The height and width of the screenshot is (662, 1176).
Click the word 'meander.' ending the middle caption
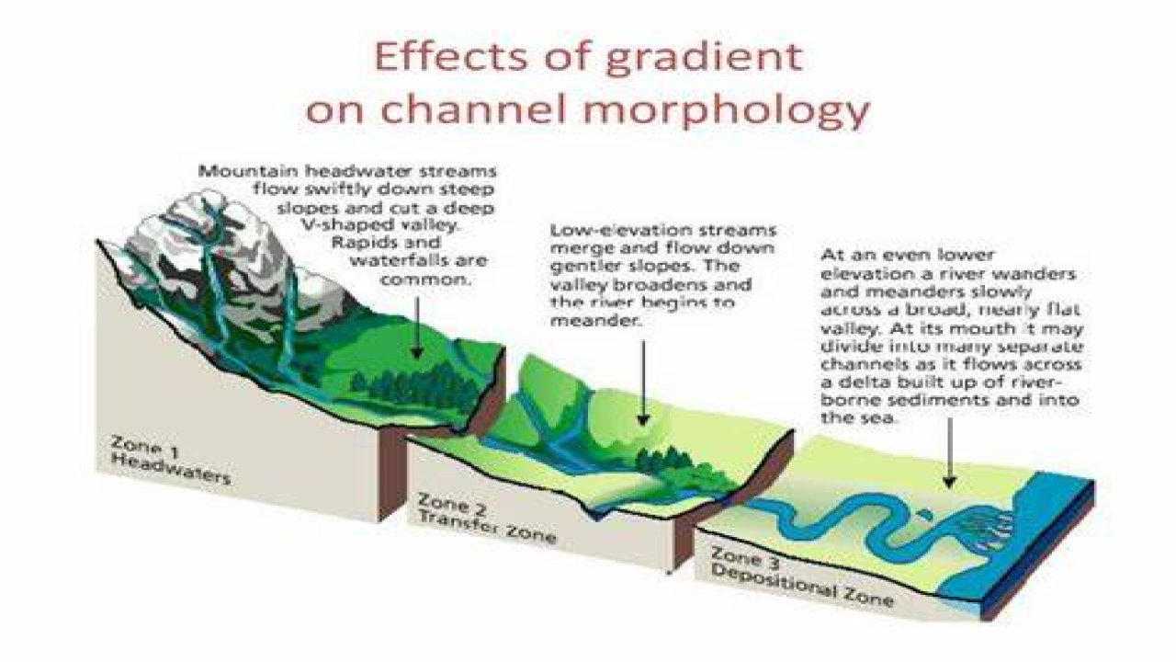[582, 322]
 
